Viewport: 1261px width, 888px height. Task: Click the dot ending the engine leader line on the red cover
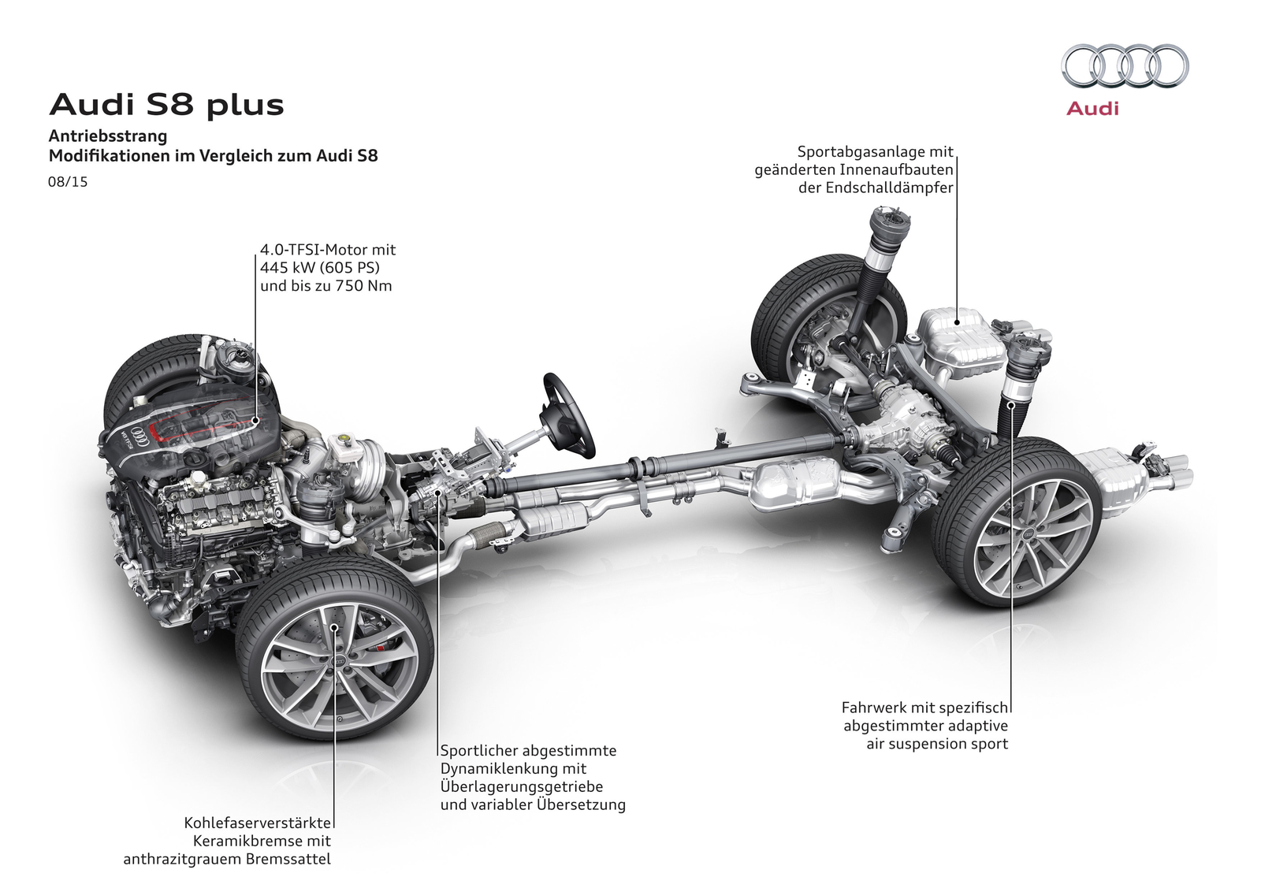(x=255, y=420)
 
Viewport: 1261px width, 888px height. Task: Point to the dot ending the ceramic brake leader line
(x=334, y=626)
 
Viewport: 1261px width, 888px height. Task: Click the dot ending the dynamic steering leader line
(x=438, y=490)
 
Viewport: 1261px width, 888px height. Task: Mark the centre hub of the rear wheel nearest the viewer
(x=1028, y=533)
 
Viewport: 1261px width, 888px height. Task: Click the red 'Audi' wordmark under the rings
(x=1092, y=109)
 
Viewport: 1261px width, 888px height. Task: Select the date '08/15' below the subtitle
(x=68, y=182)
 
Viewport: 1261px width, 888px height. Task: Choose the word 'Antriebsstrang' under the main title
(x=108, y=136)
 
